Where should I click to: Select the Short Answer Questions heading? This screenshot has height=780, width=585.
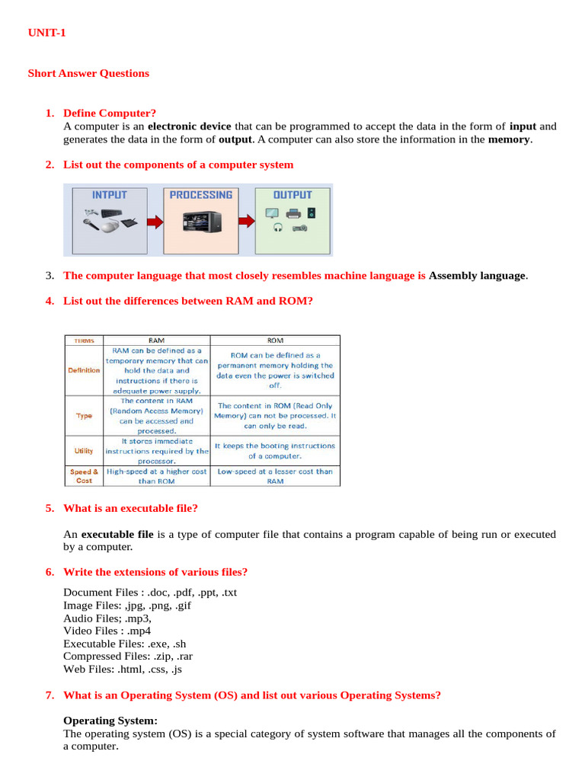tap(88, 74)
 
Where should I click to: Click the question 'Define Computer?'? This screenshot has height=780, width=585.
tap(109, 113)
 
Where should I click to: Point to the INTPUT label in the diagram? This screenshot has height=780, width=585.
tap(109, 195)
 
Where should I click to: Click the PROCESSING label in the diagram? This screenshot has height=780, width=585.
tap(201, 195)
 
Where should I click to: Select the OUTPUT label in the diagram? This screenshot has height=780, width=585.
tap(292, 195)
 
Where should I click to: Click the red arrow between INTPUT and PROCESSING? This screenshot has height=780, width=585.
tap(155, 222)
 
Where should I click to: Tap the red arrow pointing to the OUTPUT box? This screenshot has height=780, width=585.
tap(245, 222)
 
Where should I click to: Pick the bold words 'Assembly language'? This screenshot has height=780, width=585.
tap(478, 276)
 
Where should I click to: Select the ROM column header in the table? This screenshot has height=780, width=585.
tap(275, 340)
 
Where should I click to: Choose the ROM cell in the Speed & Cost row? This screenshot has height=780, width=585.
tap(275, 476)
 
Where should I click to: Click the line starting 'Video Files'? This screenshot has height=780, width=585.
tap(107, 631)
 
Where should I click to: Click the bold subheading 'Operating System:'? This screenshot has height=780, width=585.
tap(110, 721)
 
